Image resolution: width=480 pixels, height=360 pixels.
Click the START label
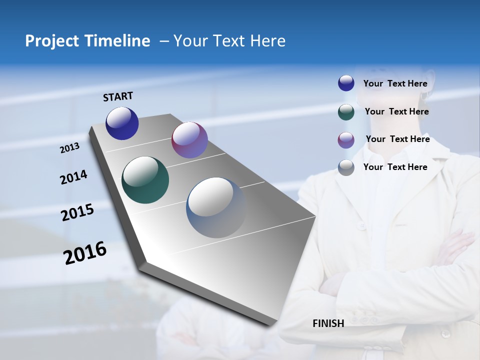(x=118, y=96)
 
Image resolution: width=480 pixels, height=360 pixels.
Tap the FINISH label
(x=328, y=323)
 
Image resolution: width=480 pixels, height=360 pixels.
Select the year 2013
(x=70, y=148)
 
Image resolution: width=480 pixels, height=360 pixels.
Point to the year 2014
(x=74, y=177)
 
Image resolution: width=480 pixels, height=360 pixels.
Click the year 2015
(x=77, y=212)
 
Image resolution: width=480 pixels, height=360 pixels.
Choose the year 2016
(x=85, y=253)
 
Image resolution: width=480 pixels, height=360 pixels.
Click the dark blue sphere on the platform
(x=122, y=123)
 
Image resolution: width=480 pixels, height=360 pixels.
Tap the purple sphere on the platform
(x=189, y=140)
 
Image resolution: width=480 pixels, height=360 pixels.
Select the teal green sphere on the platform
(x=145, y=180)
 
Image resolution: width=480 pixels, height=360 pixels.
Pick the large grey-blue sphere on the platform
(x=216, y=207)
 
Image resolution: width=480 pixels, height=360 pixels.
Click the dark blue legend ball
(x=346, y=83)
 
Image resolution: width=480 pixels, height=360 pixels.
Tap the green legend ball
(x=346, y=112)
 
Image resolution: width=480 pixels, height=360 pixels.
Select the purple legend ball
(x=346, y=140)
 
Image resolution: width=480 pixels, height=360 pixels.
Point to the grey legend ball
(x=346, y=167)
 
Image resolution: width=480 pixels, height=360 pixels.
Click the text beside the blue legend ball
(x=395, y=84)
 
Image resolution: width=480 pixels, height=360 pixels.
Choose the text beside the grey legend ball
(x=395, y=167)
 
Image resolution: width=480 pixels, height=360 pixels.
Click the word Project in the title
(x=48, y=41)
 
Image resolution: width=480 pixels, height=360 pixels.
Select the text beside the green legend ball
(x=396, y=111)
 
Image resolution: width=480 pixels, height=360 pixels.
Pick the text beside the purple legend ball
(x=397, y=139)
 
